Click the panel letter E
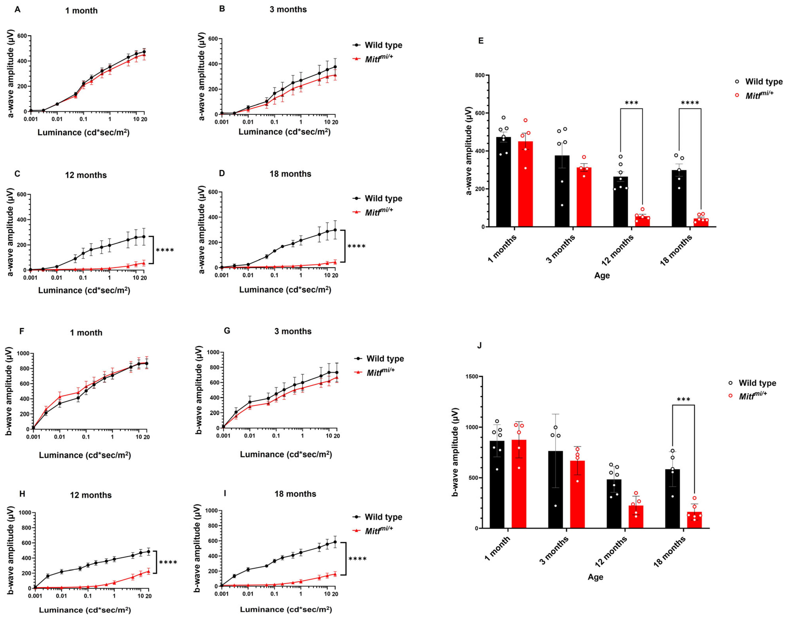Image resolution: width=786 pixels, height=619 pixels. [x=481, y=41]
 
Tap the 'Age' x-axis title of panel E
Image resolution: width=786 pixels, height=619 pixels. [x=602, y=275]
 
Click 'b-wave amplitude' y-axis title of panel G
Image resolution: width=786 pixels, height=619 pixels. [x=199, y=390]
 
